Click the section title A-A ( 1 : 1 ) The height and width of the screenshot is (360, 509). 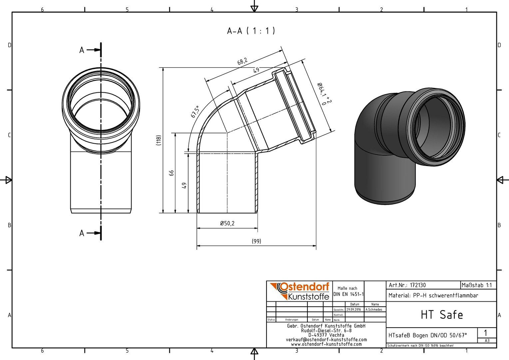251,31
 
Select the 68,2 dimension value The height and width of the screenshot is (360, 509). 242,61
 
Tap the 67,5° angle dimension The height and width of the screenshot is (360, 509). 195,112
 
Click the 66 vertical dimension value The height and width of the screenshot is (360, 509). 172,173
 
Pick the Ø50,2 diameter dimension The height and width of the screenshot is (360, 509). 227,223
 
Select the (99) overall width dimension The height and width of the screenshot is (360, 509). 256,241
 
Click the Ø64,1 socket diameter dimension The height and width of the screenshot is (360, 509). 324,94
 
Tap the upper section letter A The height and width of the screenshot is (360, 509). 82,50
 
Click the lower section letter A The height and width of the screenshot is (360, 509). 82,233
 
